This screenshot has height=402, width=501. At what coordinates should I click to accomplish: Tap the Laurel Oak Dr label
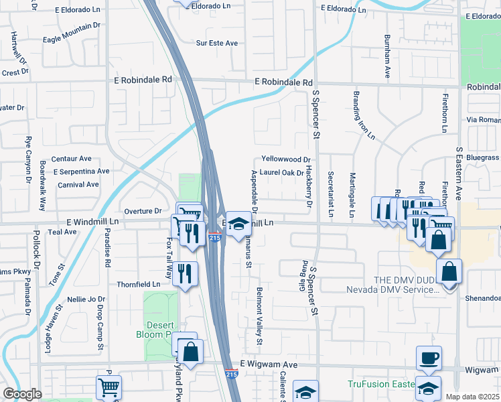pyautogui.click(x=282, y=172)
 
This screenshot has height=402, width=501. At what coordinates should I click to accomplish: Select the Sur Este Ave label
pyautogui.click(x=217, y=43)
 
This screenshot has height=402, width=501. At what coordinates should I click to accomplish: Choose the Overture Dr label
pyautogui.click(x=143, y=211)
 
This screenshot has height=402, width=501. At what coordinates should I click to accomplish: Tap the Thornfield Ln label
pyautogui.click(x=139, y=284)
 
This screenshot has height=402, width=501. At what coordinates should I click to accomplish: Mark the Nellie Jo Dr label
pyautogui.click(x=86, y=299)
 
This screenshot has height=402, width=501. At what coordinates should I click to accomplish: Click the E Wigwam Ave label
pyautogui.click(x=268, y=363)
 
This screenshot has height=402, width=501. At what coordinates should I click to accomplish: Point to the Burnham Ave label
pyautogui.click(x=387, y=58)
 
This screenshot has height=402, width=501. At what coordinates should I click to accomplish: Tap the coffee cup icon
pyautogui.click(x=429, y=358)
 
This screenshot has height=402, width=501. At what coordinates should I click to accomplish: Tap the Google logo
pyautogui.click(x=22, y=394)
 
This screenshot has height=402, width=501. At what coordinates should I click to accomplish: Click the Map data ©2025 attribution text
pyautogui.click(x=472, y=397)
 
